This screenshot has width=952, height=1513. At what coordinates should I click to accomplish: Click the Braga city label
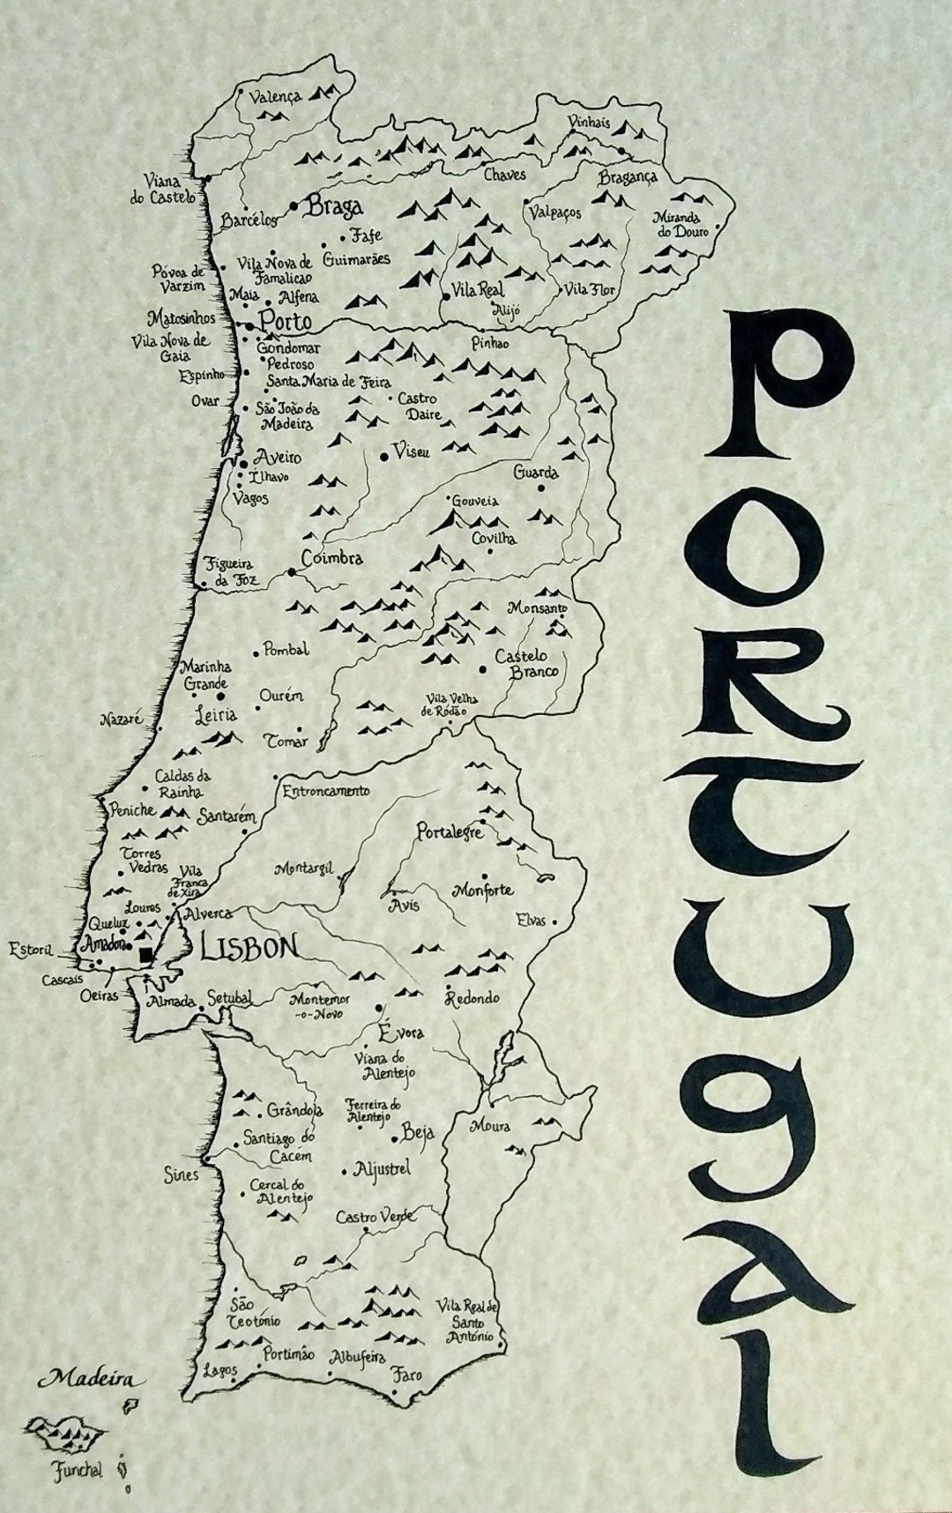(333, 208)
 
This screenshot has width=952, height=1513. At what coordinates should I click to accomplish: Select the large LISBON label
(249, 948)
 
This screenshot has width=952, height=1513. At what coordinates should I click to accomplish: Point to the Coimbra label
(331, 559)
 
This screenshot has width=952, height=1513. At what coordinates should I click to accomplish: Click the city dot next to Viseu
(383, 457)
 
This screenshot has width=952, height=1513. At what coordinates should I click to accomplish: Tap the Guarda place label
(536, 472)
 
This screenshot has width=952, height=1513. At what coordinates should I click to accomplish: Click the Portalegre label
(450, 831)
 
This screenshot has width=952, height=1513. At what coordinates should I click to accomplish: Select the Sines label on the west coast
(182, 1175)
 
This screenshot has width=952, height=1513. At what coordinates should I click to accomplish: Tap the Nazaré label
(122, 719)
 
